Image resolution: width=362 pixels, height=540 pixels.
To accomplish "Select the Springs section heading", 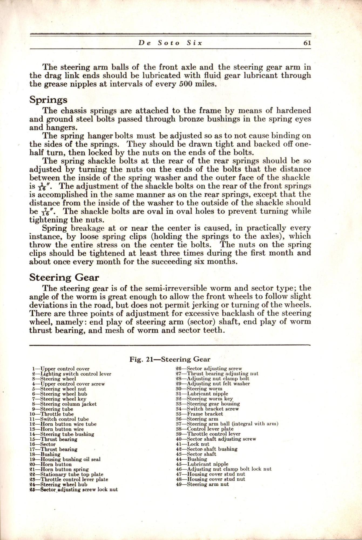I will (48, 100).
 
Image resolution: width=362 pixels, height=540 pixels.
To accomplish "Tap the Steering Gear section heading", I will (64, 277).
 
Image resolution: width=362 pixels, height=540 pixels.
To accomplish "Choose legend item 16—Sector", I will (43, 444).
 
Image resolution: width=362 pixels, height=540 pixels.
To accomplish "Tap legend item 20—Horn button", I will (50, 464).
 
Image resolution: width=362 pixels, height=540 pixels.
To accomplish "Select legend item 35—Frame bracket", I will (199, 414).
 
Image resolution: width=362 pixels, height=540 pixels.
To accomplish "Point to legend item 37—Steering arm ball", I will (227, 424).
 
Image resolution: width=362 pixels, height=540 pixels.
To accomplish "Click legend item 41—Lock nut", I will (192, 444).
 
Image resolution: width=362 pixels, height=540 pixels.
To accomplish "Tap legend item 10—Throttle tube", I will (52, 414).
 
